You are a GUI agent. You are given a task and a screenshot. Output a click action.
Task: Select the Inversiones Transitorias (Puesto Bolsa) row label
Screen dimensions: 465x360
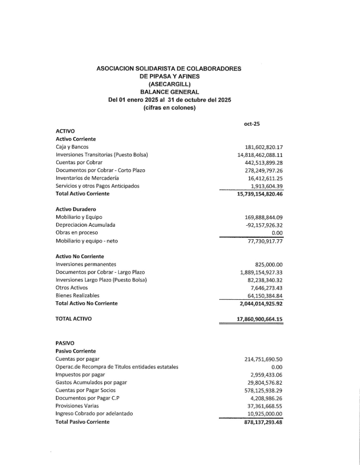pos(102,155)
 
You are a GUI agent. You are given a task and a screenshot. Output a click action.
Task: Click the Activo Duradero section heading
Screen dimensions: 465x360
pos(76,210)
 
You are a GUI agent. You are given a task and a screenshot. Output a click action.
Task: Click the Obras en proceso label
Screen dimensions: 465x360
pos(77,233)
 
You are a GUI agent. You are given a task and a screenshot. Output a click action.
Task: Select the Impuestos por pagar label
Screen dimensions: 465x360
pos(80,375)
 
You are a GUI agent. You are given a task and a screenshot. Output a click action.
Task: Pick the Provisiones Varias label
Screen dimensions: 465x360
pos(77,406)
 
